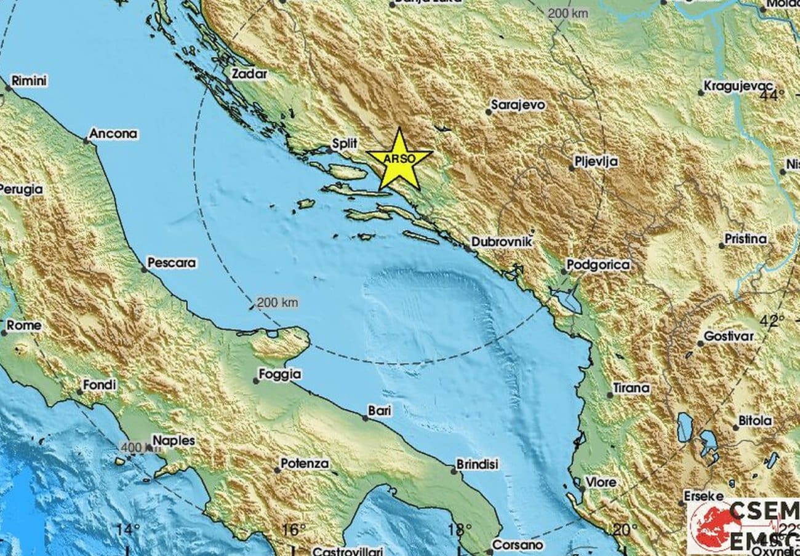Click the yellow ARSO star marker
(399, 159)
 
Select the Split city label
(344, 143)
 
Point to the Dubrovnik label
(501, 242)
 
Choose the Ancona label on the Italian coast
(113, 133)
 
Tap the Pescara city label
(172, 263)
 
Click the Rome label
(26, 325)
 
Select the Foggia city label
(280, 374)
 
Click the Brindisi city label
(477, 464)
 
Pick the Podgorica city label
(599, 265)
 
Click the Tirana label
(631, 388)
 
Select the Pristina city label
(746, 239)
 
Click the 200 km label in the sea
(277, 302)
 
